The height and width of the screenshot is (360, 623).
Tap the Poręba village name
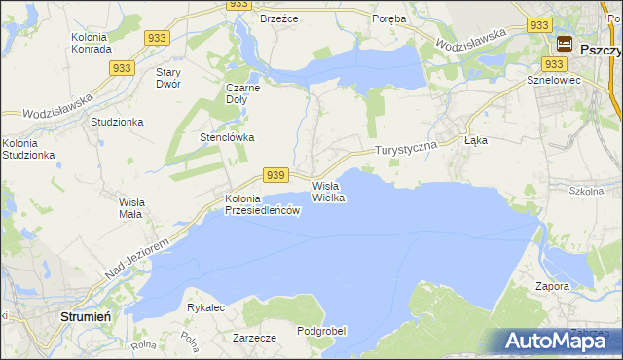[389, 18]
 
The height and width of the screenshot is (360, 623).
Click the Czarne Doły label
[241, 92]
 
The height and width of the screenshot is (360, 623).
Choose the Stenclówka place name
[227, 137]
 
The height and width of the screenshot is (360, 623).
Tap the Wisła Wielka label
[328, 192]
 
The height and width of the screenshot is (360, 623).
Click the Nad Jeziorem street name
[135, 257]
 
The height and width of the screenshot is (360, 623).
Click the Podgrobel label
[321, 331]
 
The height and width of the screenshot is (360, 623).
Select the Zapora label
[552, 287]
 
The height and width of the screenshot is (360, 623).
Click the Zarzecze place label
[255, 338]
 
